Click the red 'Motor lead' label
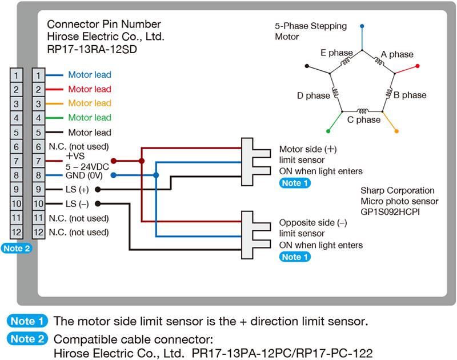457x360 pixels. tap(90, 89)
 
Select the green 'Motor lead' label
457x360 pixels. tap(90, 118)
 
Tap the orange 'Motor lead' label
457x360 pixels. tap(90, 103)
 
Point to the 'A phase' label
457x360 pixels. tap(397, 54)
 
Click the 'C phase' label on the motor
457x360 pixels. tap(364, 120)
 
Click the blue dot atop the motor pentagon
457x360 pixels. tap(362, 26)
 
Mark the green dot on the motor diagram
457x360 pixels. tap(328, 131)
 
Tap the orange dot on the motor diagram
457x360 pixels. tap(396, 133)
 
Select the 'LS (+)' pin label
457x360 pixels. tap(77, 189)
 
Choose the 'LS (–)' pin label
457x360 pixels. tap(77, 203)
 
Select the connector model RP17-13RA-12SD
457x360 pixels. tap(92, 49)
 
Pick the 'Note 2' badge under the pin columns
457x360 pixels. tap(17, 249)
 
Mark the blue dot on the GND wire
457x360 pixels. tap(113, 175)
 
